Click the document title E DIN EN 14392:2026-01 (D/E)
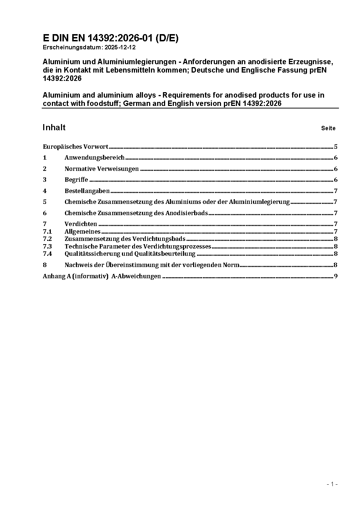click(x=110, y=38)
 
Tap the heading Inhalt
click(x=54, y=127)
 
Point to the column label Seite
click(x=328, y=128)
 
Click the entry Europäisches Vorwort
click(x=75, y=147)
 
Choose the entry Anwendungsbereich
click(x=94, y=158)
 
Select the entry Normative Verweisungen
click(x=102, y=169)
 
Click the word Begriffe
click(x=76, y=180)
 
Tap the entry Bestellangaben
click(x=87, y=191)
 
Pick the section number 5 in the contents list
click(x=45, y=202)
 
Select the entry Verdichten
click(x=81, y=224)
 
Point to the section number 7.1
click(x=47, y=231)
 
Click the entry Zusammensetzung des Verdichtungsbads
click(x=125, y=239)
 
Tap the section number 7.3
click(x=47, y=246)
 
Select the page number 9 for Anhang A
click(x=336, y=276)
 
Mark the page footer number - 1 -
click(x=332, y=484)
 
